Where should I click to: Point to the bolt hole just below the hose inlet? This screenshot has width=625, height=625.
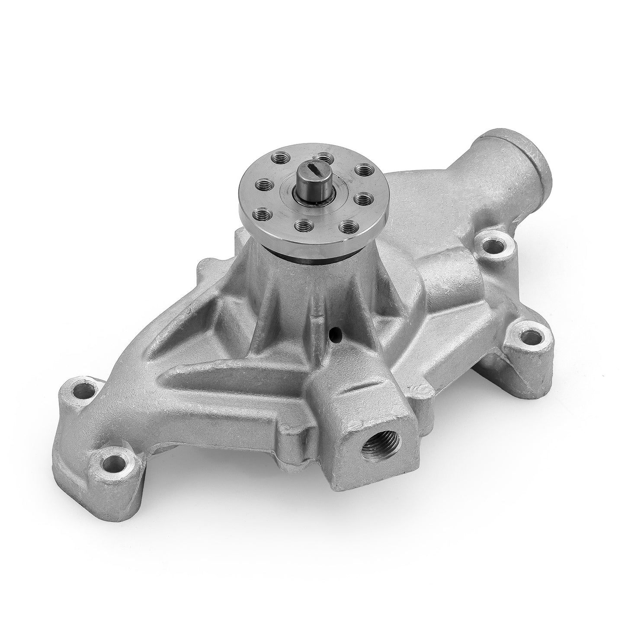pos(494,247)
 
